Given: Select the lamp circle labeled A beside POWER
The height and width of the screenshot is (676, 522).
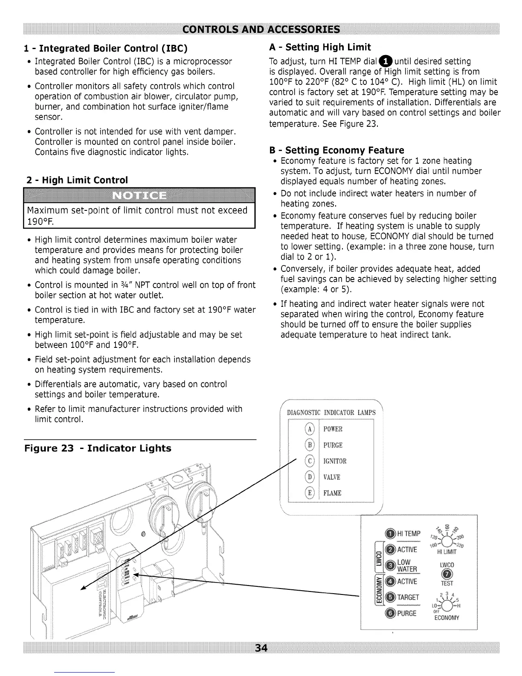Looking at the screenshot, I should pyautogui.click(x=310, y=429).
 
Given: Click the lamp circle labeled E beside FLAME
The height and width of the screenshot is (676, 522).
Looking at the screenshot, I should pyautogui.click(x=310, y=493).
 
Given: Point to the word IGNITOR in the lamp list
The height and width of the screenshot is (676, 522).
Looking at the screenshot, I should pyautogui.click(x=335, y=461).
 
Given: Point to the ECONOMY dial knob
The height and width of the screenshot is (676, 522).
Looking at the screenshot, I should pyautogui.click(x=447, y=606).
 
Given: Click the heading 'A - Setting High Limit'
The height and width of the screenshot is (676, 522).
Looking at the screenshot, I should pyautogui.click(x=320, y=47).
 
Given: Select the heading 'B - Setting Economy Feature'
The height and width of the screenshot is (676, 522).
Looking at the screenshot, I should pyautogui.click(x=336, y=150).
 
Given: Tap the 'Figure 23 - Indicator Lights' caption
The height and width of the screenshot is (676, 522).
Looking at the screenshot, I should pyautogui.click(x=98, y=448).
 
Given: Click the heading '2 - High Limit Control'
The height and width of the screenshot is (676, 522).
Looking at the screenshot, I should pyautogui.click(x=77, y=180).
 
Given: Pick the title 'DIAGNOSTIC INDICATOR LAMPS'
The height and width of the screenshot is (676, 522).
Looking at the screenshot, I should pyautogui.click(x=331, y=412).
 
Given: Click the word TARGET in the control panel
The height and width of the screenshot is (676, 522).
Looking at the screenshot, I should pyautogui.click(x=408, y=597).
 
